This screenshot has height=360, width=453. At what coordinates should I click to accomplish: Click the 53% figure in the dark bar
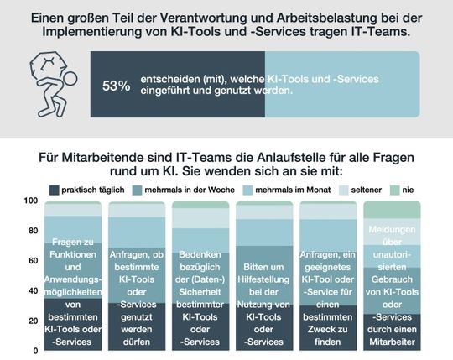(x=116, y=86)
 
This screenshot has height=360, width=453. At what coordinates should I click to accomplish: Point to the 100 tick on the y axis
(x=31, y=201)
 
